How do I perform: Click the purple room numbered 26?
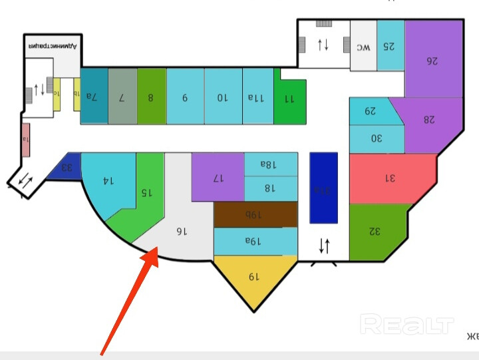tap(433, 60)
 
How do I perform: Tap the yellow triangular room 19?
tap(253, 277)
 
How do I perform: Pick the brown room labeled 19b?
tap(255, 214)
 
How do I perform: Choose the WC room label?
tap(363, 47)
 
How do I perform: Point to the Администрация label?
tap(53, 47)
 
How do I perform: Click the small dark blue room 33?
tap(67, 167)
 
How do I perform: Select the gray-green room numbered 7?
tap(122, 96)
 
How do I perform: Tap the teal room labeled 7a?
tap(94, 96)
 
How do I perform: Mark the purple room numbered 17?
tap(218, 178)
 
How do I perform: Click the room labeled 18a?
tap(269, 164)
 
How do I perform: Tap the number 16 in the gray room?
tap(180, 231)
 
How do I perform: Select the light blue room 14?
tap(108, 180)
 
